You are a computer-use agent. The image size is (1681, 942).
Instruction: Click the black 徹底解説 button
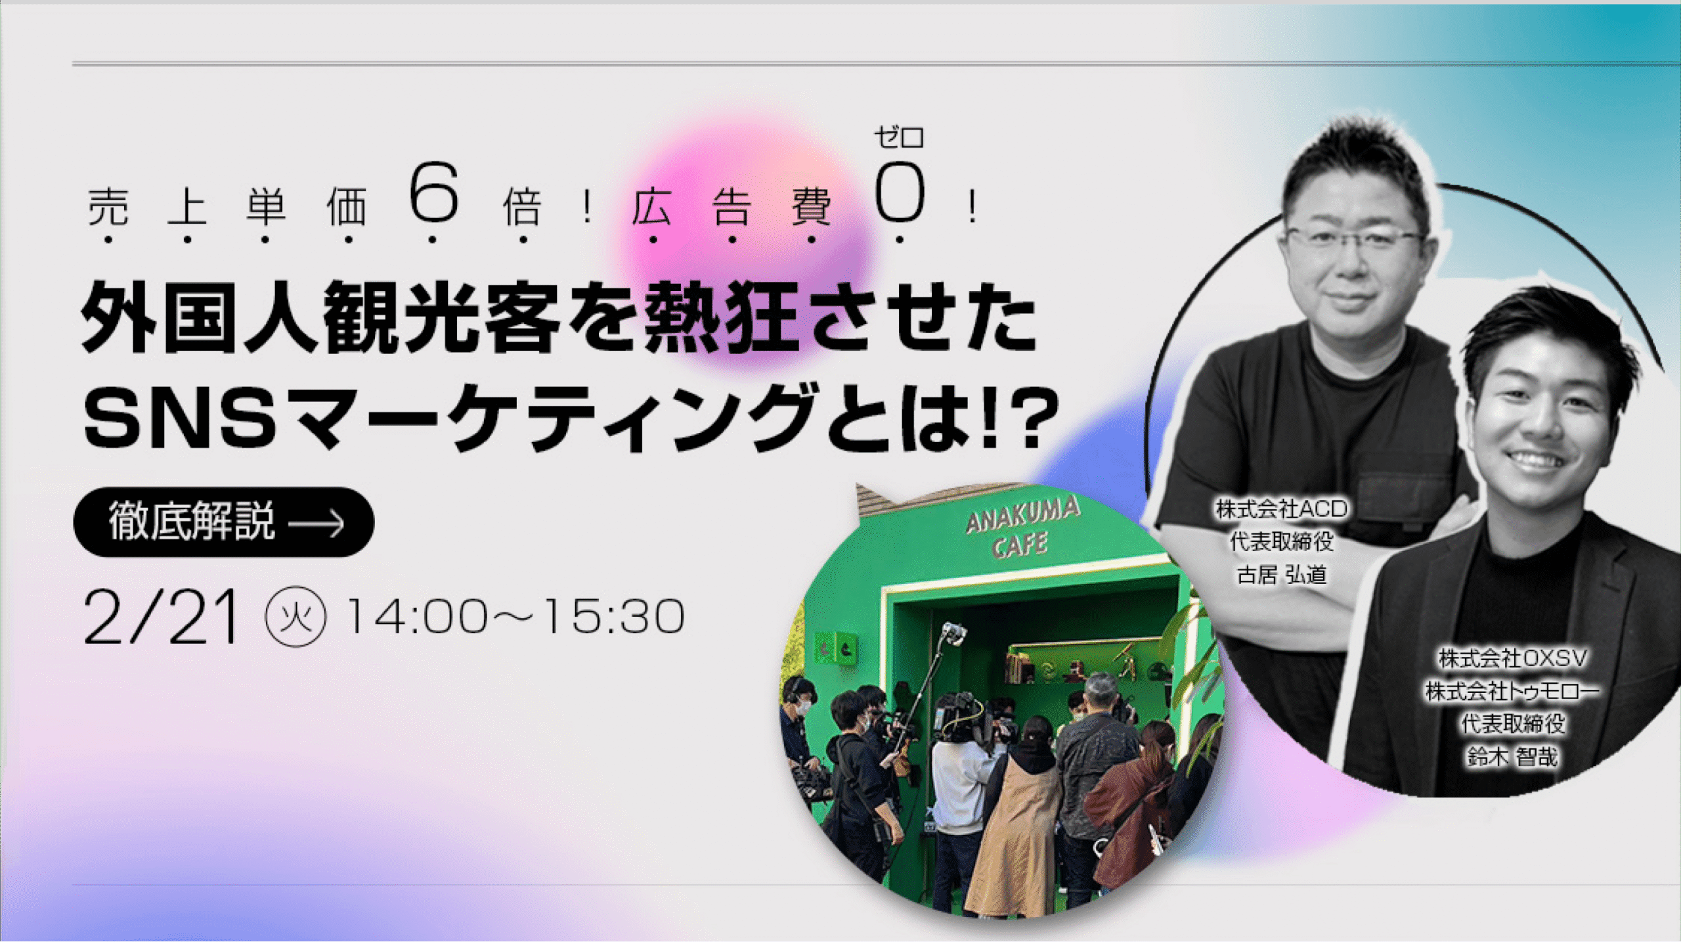pyautogui.click(x=224, y=522)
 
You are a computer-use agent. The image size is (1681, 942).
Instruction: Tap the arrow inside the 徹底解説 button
pyautogui.click(x=317, y=524)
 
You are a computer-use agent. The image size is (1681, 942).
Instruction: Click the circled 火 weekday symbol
pyautogui.click(x=295, y=616)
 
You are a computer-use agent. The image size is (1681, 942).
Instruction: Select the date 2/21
pyautogui.click(x=161, y=616)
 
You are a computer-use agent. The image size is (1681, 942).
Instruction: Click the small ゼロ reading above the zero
pyautogui.click(x=899, y=138)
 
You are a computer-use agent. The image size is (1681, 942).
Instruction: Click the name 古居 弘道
pyautogui.click(x=1281, y=575)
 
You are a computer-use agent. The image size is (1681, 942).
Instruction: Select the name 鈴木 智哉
pyautogui.click(x=1512, y=757)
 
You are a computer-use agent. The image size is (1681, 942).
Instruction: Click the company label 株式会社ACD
pyautogui.click(x=1281, y=508)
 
